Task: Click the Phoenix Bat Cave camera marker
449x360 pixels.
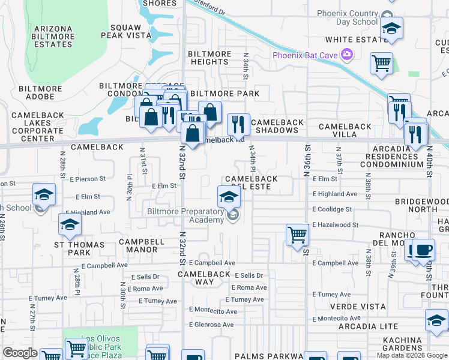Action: point(346,55)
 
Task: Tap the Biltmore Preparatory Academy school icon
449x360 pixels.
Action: point(228,196)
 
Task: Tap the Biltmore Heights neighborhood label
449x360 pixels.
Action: point(209,58)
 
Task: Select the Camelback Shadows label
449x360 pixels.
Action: point(277,127)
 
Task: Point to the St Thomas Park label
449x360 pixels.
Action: point(79,249)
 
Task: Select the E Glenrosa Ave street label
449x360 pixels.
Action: point(212,325)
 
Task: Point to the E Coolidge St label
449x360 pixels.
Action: point(332,209)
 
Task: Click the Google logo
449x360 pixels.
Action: point(20,353)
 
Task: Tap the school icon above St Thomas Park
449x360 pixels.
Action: point(70,224)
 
